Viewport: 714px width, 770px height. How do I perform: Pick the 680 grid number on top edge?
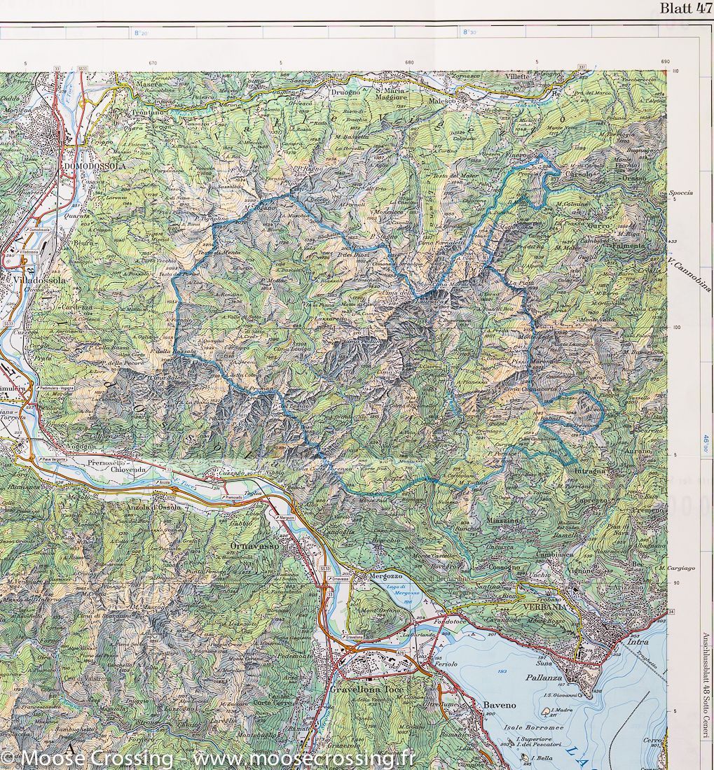click(x=409, y=62)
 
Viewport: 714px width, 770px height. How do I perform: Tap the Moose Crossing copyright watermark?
click(x=208, y=757)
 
